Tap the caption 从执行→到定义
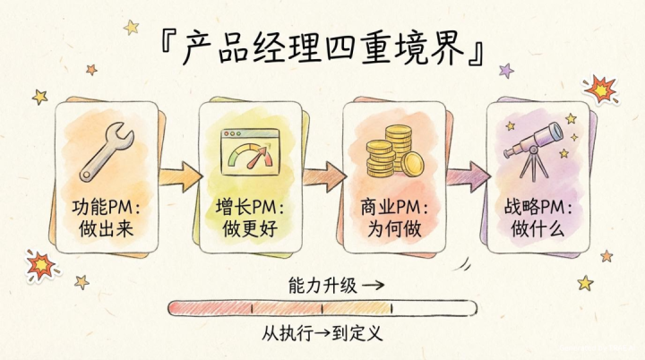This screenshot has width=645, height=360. tap(322, 334)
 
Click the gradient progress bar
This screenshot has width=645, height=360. tap(322, 309)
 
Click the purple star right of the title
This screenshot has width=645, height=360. tap(506, 70)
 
